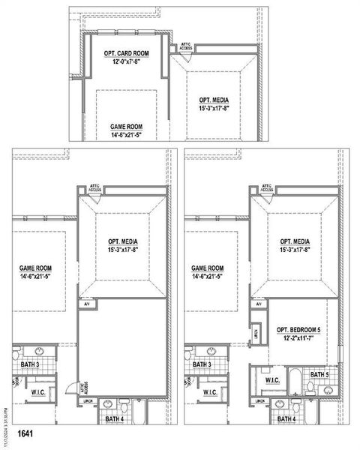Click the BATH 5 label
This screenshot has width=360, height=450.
(319, 374)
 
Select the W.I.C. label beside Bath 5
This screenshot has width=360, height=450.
(273, 381)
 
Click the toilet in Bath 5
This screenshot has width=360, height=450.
(310, 388)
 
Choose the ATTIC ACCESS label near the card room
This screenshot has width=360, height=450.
(186, 46)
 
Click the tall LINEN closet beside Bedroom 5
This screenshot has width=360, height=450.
(257, 332)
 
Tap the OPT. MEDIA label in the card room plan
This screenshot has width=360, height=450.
(214, 100)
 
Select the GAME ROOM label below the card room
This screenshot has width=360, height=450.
(126, 127)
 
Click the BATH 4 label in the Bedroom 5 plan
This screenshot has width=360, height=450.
(288, 418)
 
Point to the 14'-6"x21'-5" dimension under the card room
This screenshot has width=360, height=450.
(126, 135)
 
